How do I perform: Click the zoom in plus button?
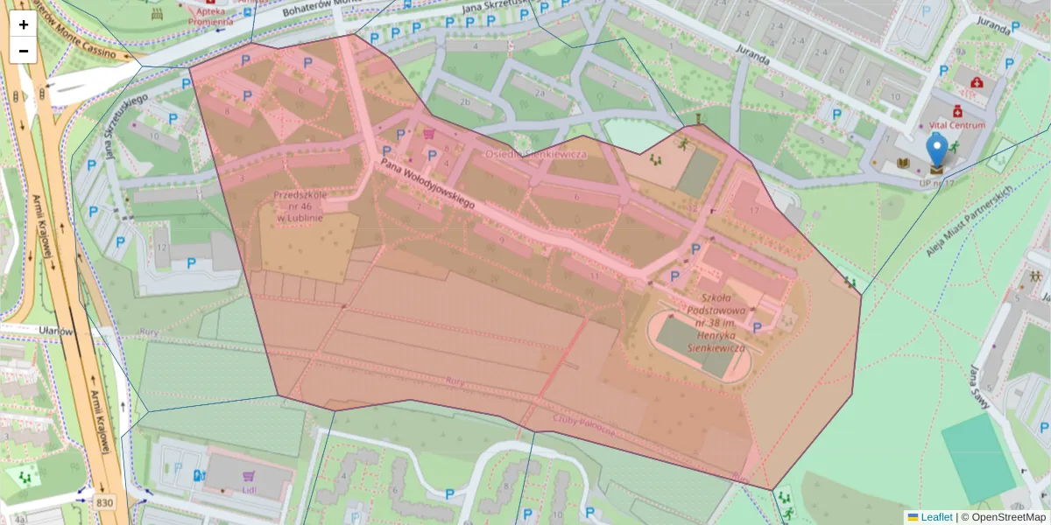pyautogui.click(x=24, y=24)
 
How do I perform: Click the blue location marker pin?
pyautogui.click(x=937, y=150)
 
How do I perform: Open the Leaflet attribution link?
pyautogui.click(x=935, y=517)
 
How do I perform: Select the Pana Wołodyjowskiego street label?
pyautogui.click(x=427, y=183)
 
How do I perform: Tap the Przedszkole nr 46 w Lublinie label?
pyautogui.click(x=300, y=206)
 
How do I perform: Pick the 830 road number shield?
pyautogui.click(x=105, y=502)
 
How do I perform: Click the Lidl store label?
pyautogui.click(x=249, y=488)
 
